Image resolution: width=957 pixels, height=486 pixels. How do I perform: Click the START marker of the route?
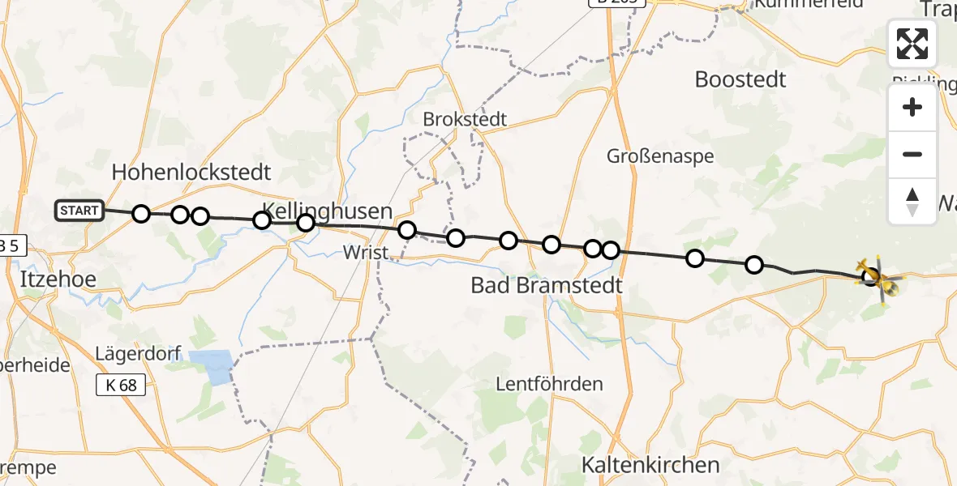click(79, 211)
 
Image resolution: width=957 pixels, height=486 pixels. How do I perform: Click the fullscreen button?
click(912, 44)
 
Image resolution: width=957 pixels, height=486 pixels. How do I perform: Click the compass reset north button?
click(912, 201)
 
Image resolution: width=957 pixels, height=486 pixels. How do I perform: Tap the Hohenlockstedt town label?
click(191, 173)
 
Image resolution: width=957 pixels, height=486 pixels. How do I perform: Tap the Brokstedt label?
click(465, 120)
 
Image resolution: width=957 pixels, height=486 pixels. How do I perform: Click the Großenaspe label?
click(660, 156)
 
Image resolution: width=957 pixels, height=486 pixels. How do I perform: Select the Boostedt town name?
click(740, 79)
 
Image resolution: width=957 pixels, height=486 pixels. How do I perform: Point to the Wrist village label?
click(367, 253)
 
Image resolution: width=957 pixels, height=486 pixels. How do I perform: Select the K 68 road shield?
click(121, 386)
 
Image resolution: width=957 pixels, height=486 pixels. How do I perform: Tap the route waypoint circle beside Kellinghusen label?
click(306, 223)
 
